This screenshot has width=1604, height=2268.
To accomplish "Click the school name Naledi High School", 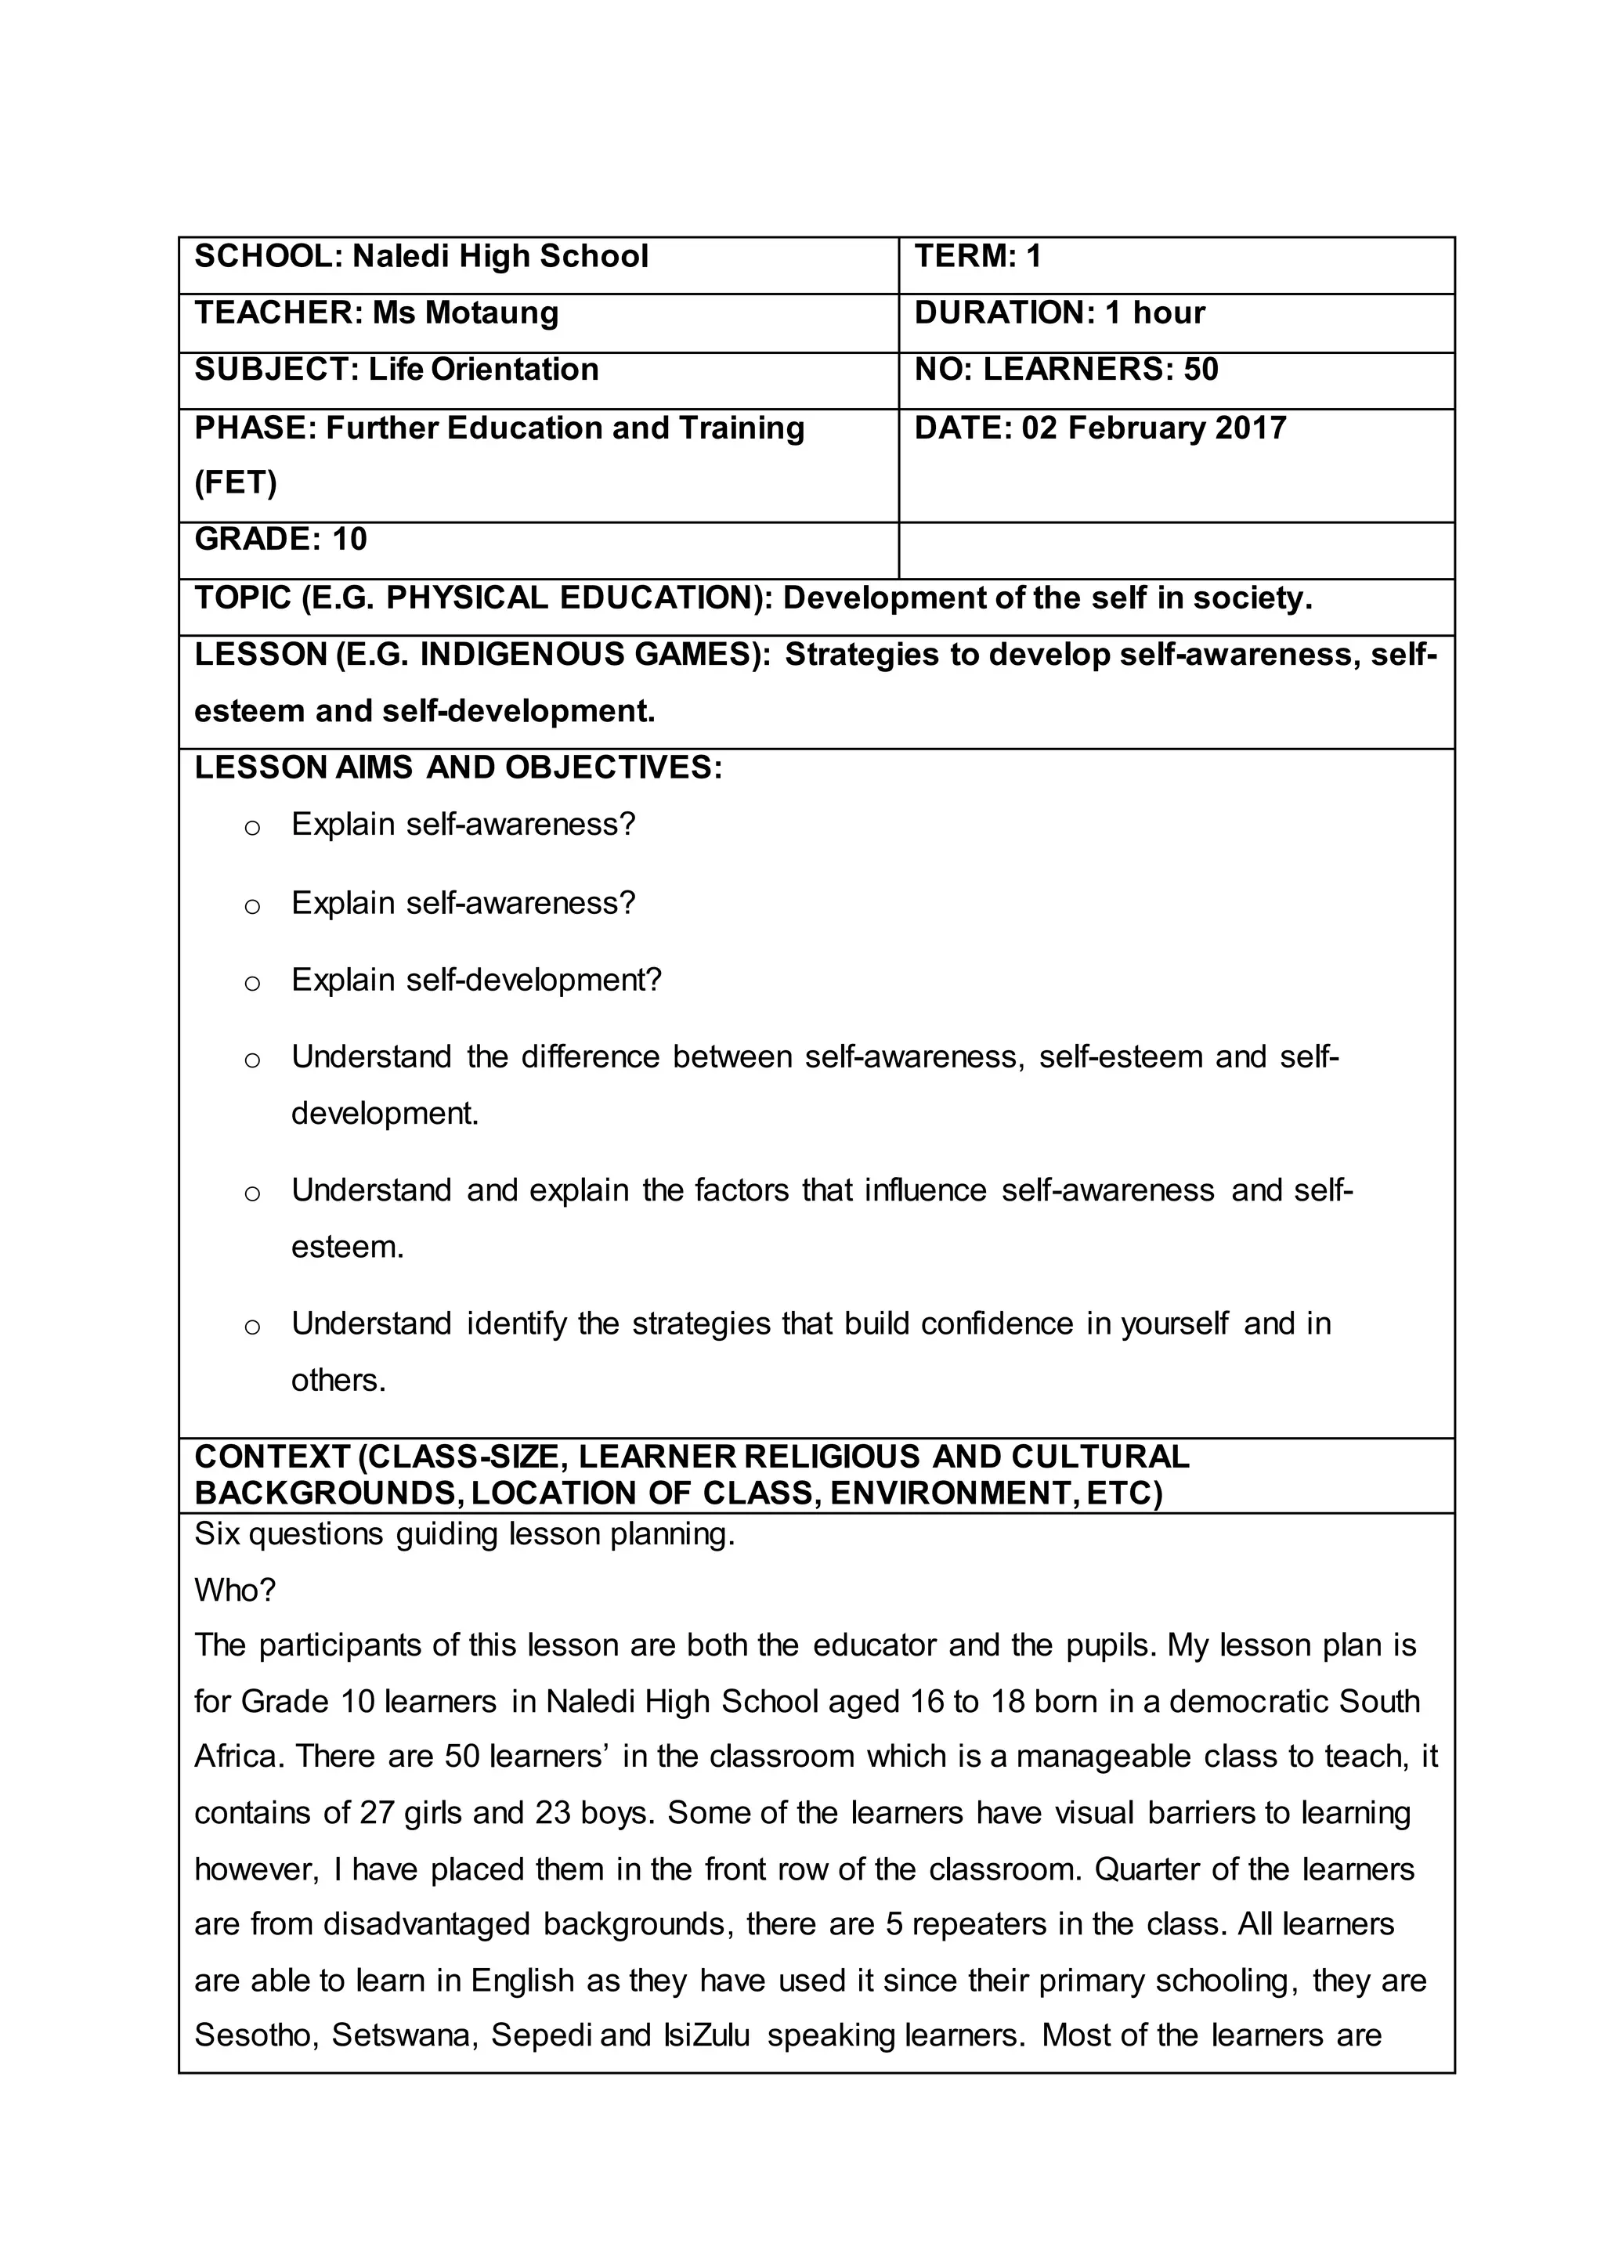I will pyautogui.click(x=500, y=257).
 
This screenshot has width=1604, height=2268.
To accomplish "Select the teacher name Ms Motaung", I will pyautogui.click(x=465, y=313).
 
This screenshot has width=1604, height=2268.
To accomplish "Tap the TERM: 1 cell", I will pyautogui.click(x=977, y=257).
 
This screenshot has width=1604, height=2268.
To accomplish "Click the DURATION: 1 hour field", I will pyautogui.click(x=1059, y=313).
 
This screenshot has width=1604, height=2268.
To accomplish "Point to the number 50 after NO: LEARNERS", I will pyautogui.click(x=1200, y=370).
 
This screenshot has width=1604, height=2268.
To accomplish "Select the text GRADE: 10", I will pyautogui.click(x=280, y=540).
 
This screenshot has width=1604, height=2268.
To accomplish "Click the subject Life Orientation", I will pyautogui.click(x=483, y=370).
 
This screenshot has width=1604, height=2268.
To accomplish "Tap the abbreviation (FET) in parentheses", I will pyautogui.click(x=235, y=483).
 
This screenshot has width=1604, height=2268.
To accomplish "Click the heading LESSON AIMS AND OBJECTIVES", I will pyautogui.click(x=457, y=767).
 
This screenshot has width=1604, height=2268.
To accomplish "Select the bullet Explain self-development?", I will pyautogui.click(x=475, y=980).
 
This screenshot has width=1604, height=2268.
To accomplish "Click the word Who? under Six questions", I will pyautogui.click(x=234, y=1589).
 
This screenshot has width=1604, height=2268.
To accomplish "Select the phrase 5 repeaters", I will pyautogui.click(x=960, y=1923).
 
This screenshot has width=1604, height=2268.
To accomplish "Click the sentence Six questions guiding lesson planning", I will pyautogui.click(x=464, y=1534).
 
